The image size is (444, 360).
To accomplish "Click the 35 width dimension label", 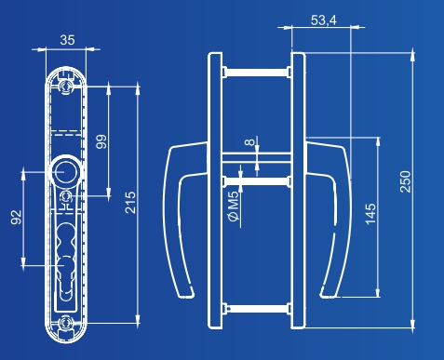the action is [x=67, y=40].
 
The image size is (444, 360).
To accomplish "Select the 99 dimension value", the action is [x=101, y=141].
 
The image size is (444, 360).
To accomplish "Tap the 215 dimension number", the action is [x=130, y=203].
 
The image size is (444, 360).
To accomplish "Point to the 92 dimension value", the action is [x=16, y=217].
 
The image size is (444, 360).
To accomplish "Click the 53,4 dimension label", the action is [x=324, y=20].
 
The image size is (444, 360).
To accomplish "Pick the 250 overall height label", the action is [x=405, y=181].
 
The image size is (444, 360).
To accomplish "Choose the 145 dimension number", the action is [x=370, y=214].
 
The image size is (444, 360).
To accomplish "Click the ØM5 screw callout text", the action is [x=234, y=206].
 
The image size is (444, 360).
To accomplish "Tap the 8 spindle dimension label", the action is [x=249, y=142].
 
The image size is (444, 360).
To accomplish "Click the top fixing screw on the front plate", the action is [x=66, y=87].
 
